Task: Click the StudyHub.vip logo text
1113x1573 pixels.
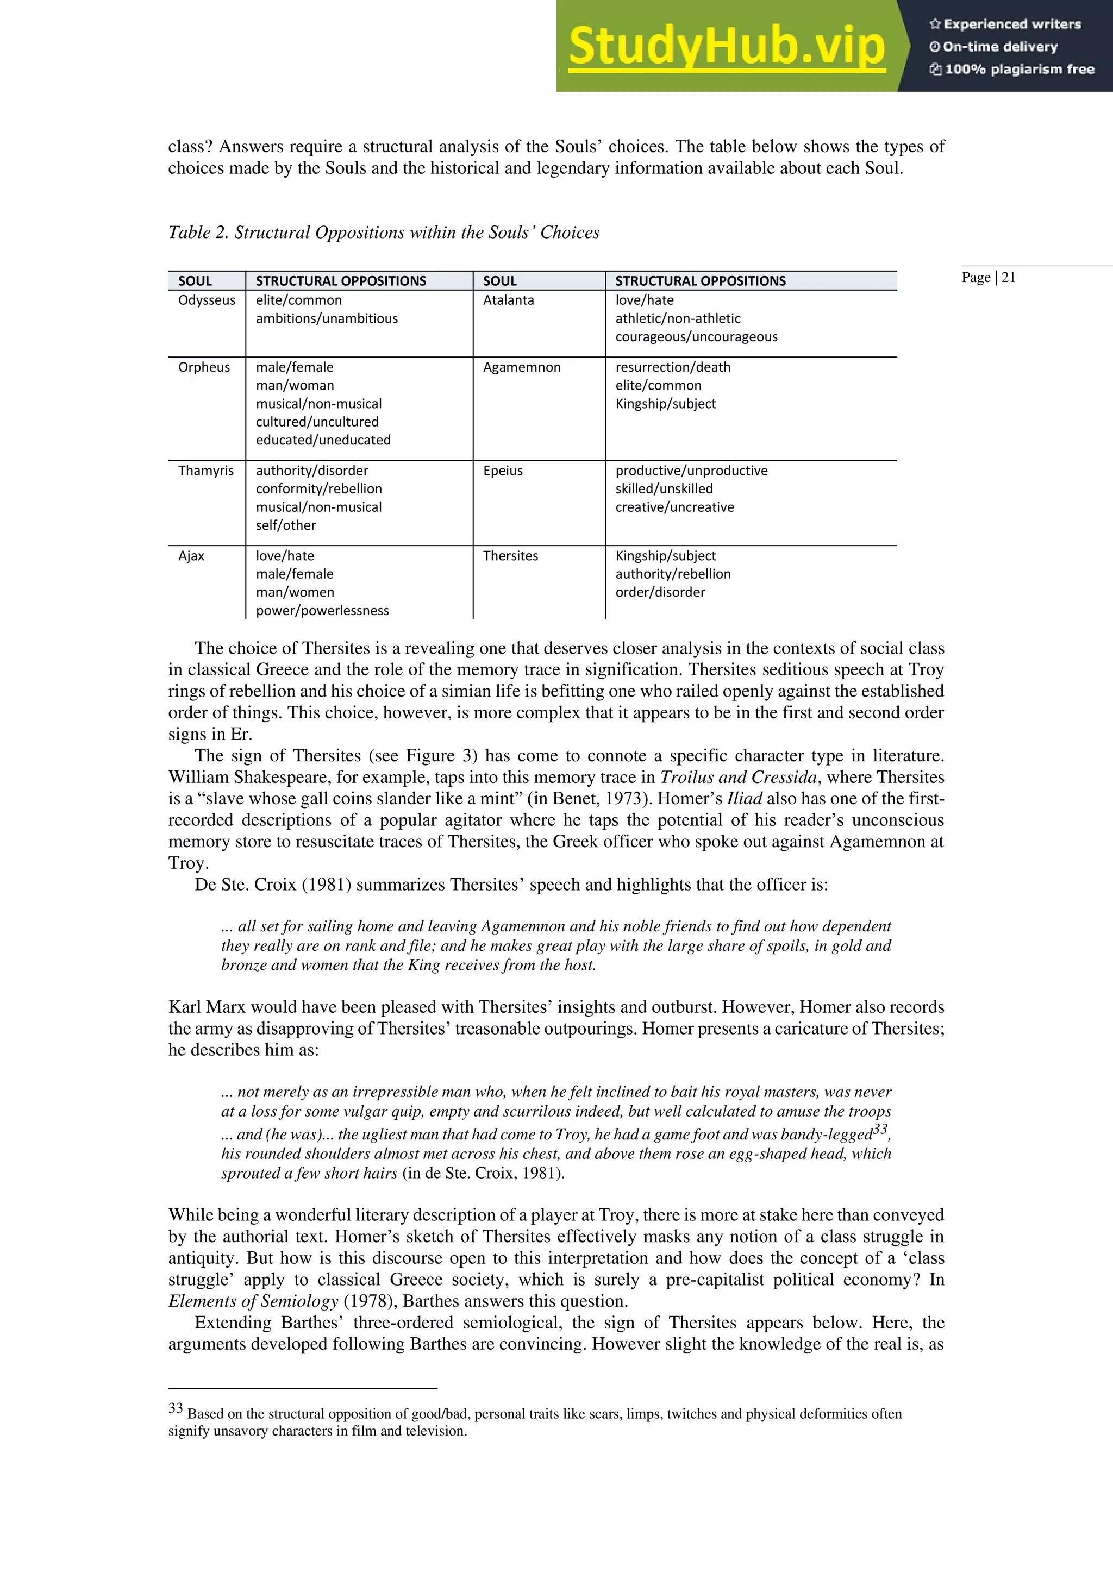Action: [x=727, y=47]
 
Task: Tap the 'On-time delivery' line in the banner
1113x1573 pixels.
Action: [x=999, y=47]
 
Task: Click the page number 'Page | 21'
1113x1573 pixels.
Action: [x=987, y=278]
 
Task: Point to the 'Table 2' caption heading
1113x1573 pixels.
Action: [x=384, y=232]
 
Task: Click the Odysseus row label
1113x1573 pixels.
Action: [x=207, y=300]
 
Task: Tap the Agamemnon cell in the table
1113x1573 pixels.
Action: [x=522, y=367]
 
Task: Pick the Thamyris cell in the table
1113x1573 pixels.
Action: [x=205, y=471]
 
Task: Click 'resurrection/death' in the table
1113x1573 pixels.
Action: [x=672, y=367]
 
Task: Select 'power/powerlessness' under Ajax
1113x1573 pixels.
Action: [x=322, y=610]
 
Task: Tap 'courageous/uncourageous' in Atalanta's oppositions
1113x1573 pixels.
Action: [x=696, y=336]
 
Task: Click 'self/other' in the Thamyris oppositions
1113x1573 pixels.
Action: [x=286, y=525]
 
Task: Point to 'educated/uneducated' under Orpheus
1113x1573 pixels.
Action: [x=323, y=440]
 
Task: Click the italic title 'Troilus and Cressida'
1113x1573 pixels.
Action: [x=738, y=777]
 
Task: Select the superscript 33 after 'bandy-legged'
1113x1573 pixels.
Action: [x=880, y=1129]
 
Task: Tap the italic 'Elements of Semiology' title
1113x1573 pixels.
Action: [x=253, y=1301]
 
